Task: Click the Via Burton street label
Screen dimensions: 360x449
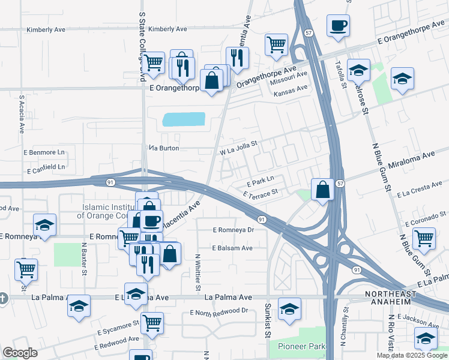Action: click(x=164, y=148)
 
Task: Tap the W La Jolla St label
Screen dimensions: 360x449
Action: click(x=238, y=148)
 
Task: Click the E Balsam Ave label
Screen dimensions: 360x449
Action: click(x=232, y=248)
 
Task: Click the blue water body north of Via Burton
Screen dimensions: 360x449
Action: click(x=183, y=119)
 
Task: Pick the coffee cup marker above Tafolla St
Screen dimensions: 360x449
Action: click(x=339, y=26)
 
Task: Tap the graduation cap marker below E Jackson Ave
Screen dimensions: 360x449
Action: click(x=426, y=340)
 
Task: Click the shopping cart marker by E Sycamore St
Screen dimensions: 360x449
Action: click(x=152, y=322)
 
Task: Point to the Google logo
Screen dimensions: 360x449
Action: click(x=20, y=353)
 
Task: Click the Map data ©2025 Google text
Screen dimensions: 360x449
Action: click(x=412, y=355)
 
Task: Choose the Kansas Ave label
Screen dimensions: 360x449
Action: click(x=290, y=88)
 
